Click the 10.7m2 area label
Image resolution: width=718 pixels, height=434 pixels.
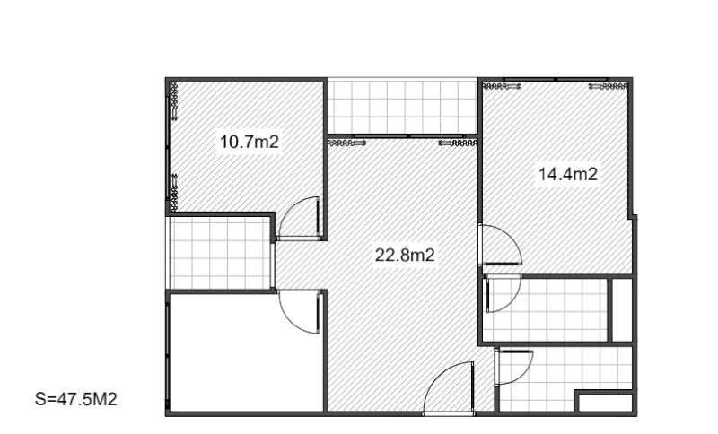coord(250,142)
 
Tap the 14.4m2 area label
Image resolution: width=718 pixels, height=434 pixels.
coord(568,174)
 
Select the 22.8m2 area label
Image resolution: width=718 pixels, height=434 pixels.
coord(405,255)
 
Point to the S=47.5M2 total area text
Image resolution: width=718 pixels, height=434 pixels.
coord(76,399)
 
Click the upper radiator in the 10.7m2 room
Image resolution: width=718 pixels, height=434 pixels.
coord(174,101)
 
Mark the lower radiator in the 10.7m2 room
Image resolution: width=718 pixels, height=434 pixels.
coord(174,193)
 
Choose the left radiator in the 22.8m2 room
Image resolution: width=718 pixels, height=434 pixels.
coord(347,143)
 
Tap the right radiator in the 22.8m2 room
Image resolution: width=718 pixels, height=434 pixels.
coord(458,143)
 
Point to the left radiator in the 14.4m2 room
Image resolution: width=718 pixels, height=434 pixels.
coord(502,85)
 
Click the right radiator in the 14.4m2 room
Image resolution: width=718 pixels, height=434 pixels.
coord(609,85)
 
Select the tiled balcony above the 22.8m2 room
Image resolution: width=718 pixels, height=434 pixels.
coord(402,108)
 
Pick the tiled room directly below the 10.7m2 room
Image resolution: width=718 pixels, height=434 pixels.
coord(220,253)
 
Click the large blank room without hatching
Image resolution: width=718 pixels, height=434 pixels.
coord(246,352)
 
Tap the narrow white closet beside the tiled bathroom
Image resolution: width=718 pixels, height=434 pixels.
coord(622,309)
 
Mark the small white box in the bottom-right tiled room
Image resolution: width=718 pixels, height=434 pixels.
coord(605,403)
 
